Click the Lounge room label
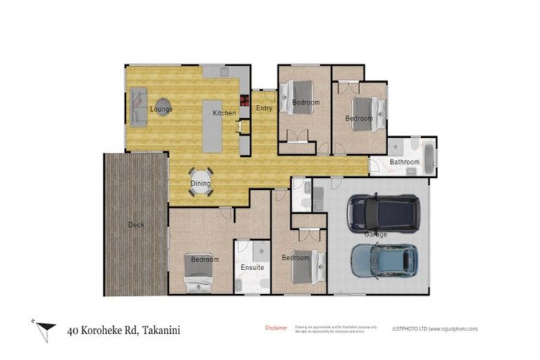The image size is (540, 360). click(x=161, y=110)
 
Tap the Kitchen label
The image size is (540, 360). click(x=224, y=113)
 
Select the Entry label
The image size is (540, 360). click(x=264, y=108)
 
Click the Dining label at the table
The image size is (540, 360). click(x=200, y=184)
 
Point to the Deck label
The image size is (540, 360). click(x=136, y=225)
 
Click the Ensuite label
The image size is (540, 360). click(x=252, y=267)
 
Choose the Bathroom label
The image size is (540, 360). click(x=404, y=162)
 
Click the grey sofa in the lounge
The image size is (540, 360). click(x=137, y=107)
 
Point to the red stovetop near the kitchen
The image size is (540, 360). click(x=245, y=100)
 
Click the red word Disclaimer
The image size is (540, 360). click(x=276, y=328)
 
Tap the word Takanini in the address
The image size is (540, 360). click(x=160, y=329)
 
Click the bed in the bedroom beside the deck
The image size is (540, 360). click(x=198, y=272)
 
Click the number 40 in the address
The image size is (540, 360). click(x=73, y=329)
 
